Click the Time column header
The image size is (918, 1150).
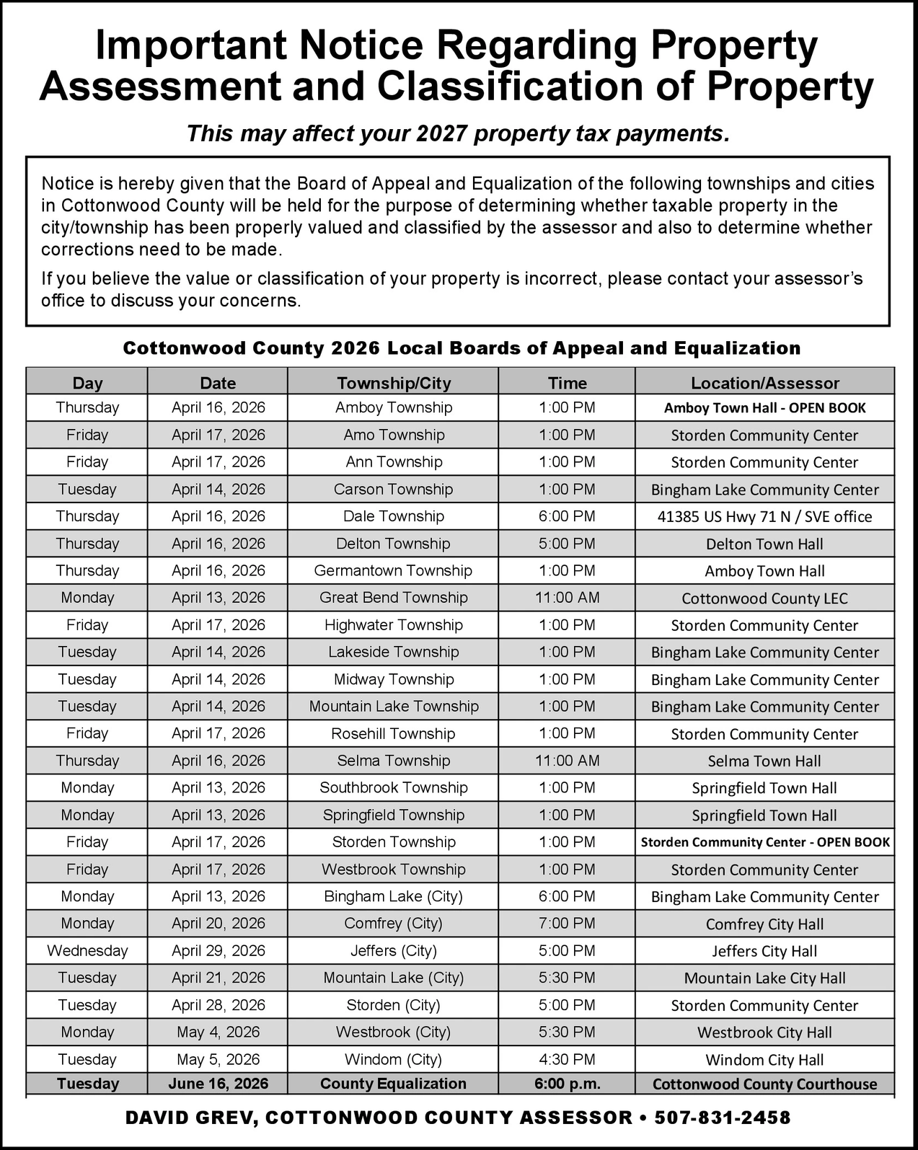pos(567,383)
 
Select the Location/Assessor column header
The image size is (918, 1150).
pos(764,383)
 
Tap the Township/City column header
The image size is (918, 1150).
pos(394,383)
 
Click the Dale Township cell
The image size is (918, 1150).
pos(394,516)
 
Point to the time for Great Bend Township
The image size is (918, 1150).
pos(567,598)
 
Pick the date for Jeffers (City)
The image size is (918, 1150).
pos(218,950)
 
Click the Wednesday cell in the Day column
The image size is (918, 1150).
pos(87,950)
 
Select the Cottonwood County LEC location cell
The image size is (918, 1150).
pos(764,598)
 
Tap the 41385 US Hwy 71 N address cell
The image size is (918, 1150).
pos(764,517)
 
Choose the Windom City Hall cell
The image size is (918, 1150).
pos(764,1060)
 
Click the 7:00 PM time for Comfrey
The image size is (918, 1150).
pos(567,924)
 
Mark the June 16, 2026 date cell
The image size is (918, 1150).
pos(218,1084)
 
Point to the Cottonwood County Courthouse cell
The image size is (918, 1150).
pos(764,1084)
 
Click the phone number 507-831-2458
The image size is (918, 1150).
pos(722,1118)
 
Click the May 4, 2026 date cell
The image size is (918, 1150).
pos(218,1032)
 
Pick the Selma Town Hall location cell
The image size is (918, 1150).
pos(764,761)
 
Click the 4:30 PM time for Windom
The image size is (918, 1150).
pos(567,1059)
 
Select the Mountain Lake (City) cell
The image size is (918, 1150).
pos(394,978)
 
